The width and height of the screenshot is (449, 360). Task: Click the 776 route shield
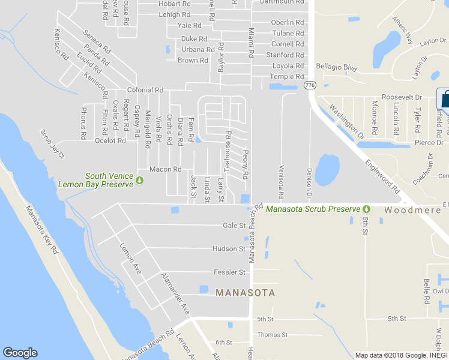310,86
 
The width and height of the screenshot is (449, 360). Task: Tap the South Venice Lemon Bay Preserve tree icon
140,180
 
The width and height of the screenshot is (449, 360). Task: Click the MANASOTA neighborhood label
245,293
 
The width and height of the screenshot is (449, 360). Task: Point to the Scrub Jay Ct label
52,143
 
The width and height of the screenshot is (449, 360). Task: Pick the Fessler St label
230,272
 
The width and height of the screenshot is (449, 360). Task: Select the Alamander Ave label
175,293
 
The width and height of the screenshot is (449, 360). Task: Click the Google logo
20,353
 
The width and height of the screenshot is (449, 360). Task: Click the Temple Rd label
287,76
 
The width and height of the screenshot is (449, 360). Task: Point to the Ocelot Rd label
110,140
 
